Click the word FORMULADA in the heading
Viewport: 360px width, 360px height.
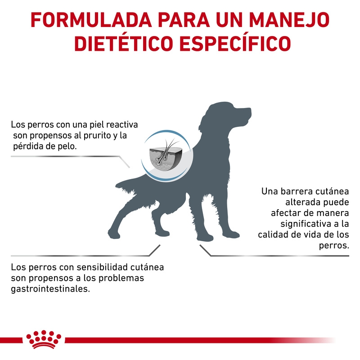(x=91, y=20)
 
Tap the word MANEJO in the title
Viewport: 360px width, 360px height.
(x=289, y=20)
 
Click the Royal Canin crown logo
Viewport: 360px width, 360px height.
(x=44, y=339)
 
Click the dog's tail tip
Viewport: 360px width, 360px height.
(x=117, y=185)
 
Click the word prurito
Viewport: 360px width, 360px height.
(x=97, y=135)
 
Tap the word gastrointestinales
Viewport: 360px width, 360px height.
(x=50, y=289)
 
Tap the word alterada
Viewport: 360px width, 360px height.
(x=303, y=202)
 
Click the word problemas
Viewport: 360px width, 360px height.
(x=121, y=278)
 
